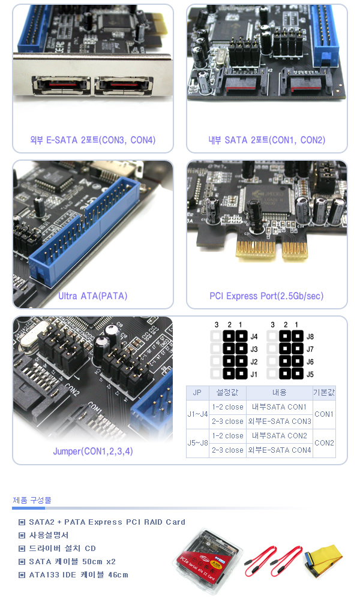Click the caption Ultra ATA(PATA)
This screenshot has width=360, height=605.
coord(93,296)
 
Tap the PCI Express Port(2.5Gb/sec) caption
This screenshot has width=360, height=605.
coord(266,296)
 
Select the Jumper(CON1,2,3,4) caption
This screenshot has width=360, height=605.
coord(93,451)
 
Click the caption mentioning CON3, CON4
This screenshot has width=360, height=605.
coord(93,140)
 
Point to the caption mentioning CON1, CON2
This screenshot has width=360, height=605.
coord(267,140)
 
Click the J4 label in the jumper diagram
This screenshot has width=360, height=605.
coord(254,336)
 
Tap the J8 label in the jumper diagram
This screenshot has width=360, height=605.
coord(310,336)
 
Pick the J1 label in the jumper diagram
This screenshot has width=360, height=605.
coord(254,374)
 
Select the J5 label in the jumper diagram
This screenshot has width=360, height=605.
coord(310,374)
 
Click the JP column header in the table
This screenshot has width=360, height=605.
coord(197,392)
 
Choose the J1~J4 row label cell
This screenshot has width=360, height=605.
coord(197,414)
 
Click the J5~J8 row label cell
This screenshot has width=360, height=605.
coord(197,443)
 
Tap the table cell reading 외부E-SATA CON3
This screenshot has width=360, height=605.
coord(279,421)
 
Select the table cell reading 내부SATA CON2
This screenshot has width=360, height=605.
coord(279,436)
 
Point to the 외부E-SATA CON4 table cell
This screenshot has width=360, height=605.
coord(279,450)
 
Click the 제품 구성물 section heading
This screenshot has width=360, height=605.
coord(32,500)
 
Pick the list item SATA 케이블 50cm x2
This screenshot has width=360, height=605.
coord(72,561)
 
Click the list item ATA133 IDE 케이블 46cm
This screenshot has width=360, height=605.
coord(79,574)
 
